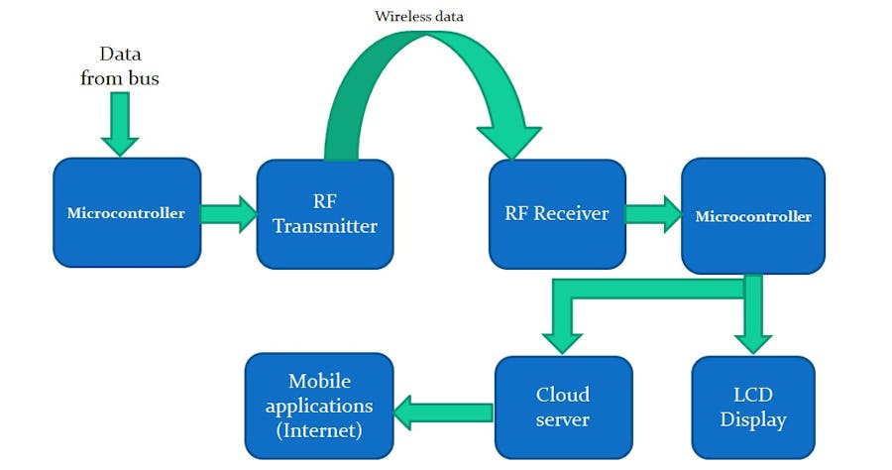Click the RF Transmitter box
[324, 213]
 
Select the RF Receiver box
[557, 213]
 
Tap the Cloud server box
[562, 407]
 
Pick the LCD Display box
[752, 407]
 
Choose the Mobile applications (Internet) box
[319, 407]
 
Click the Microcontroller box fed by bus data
[126, 213]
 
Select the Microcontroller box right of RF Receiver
[752, 215]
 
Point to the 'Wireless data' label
[418, 16]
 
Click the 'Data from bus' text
[119, 65]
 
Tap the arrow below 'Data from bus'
[120, 124]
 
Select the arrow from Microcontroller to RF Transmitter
[228, 214]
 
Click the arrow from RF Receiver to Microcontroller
[653, 214]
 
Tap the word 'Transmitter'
[325, 226]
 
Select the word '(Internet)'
[319, 431]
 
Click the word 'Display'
[753, 419]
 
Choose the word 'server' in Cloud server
[562, 419]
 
